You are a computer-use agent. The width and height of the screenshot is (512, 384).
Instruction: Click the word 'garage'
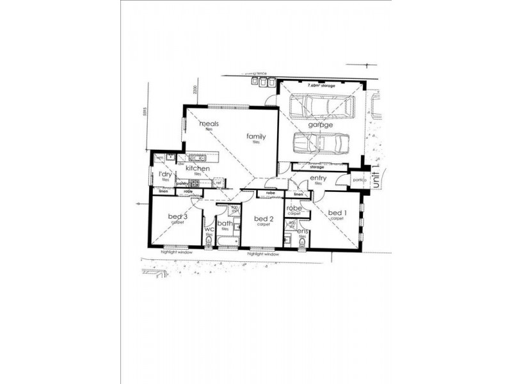(x=321, y=125)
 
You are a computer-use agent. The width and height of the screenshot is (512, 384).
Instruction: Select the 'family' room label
(x=257, y=136)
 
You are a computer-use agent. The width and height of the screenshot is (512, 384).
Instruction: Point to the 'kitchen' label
(x=198, y=168)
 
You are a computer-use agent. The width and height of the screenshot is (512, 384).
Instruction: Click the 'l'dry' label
(x=164, y=175)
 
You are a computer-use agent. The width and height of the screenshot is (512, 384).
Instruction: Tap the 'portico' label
(x=358, y=180)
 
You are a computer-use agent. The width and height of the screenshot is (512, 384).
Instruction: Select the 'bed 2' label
(x=262, y=220)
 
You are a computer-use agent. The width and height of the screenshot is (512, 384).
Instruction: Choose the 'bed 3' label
(x=177, y=217)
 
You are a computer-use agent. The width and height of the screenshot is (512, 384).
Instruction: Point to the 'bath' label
(x=224, y=223)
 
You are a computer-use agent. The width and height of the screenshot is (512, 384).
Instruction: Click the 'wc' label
(x=209, y=230)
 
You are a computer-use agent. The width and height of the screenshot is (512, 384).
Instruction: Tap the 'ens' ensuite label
(x=303, y=231)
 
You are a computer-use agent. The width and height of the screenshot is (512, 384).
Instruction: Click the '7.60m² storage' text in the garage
(x=321, y=85)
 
